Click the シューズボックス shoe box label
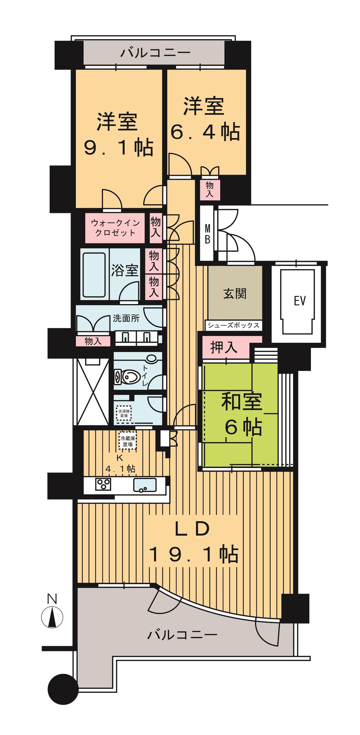233,326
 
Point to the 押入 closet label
224,348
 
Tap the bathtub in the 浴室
94,275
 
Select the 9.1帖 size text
119,147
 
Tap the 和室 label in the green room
241,402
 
